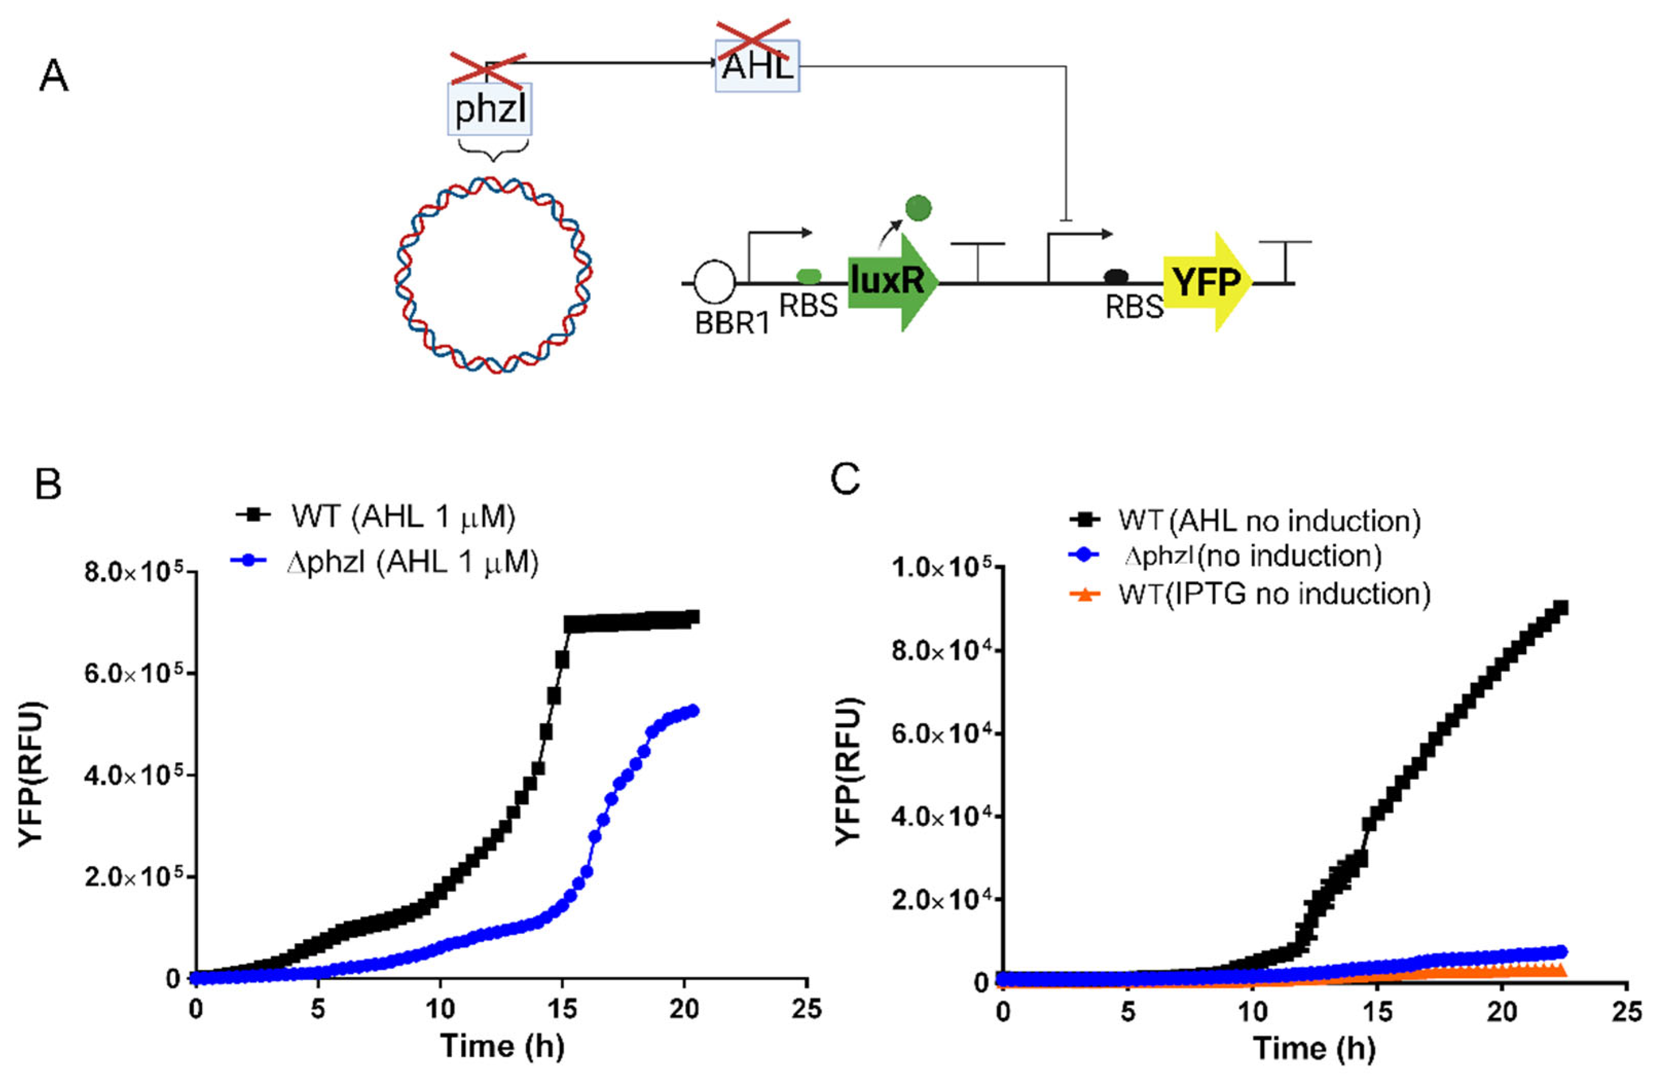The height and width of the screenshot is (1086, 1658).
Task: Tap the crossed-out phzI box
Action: pyautogui.click(x=490, y=108)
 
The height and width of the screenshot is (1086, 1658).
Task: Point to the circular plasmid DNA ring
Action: pyautogui.click(x=493, y=275)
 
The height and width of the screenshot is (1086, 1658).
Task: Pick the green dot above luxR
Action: pyautogui.click(x=918, y=208)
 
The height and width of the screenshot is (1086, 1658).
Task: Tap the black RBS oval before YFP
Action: pyautogui.click(x=1116, y=277)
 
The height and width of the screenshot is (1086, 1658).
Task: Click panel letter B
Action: pyautogui.click(x=48, y=484)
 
